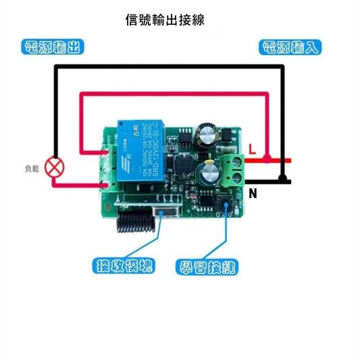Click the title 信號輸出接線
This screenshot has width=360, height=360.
click(x=164, y=20)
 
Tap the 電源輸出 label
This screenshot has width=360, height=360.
click(x=52, y=47)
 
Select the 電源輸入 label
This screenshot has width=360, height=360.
click(x=290, y=47)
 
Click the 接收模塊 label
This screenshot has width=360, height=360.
click(x=124, y=265)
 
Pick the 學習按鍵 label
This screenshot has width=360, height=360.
click(x=207, y=267)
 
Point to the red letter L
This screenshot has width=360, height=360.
click(x=252, y=150)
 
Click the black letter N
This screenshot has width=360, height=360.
click(x=253, y=194)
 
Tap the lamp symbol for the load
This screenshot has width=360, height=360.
click(x=55, y=168)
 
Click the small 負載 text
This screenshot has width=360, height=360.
click(x=31, y=168)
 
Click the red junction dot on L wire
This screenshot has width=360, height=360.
click(x=267, y=160)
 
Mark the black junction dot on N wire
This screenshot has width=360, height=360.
click(x=284, y=181)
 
